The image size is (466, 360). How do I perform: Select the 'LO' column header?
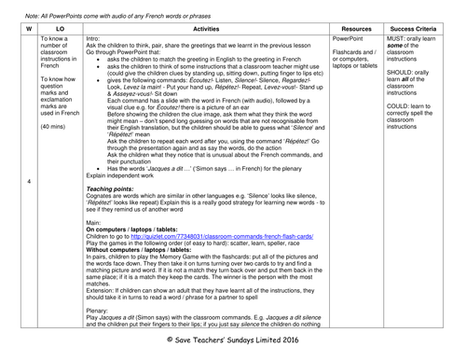pos(61,29)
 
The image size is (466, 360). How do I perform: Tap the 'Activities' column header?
pos(215,29)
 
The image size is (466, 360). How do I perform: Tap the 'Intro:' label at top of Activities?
pos(95,41)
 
